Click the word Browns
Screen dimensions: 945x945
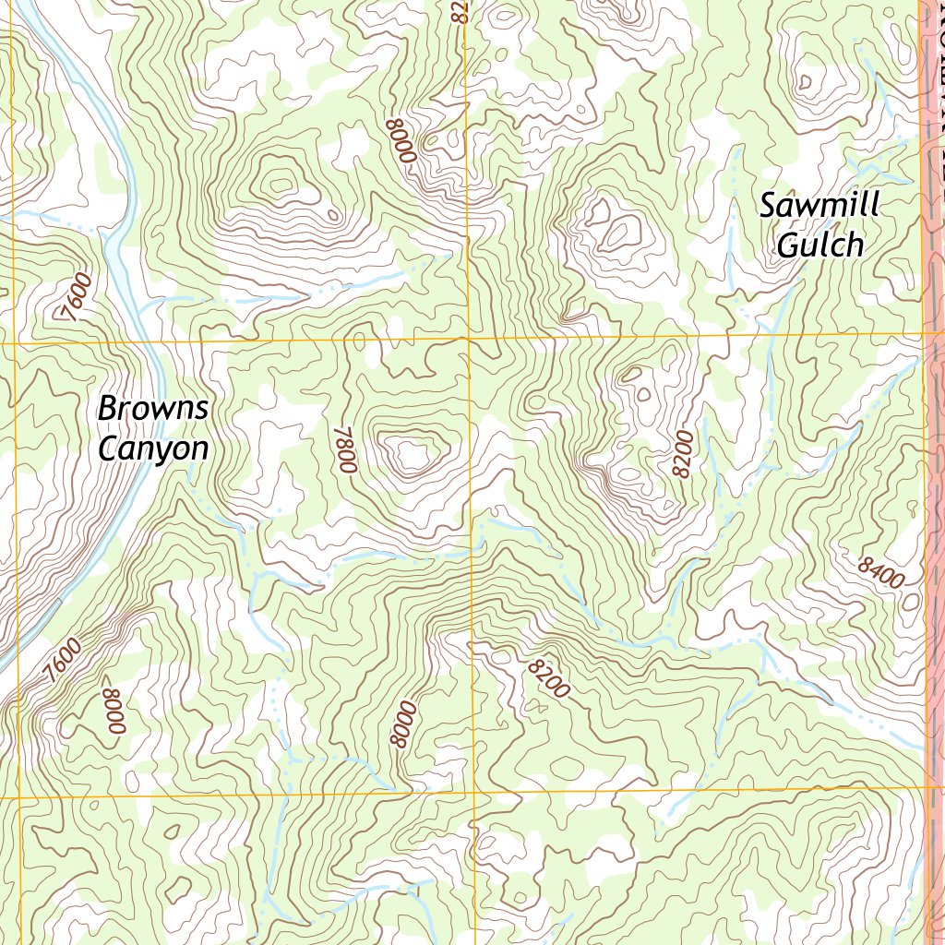pyautogui.click(x=153, y=408)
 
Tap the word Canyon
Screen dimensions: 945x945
pyautogui.click(x=153, y=449)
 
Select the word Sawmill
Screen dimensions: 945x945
pyautogui.click(x=819, y=205)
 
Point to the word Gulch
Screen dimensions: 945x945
pyautogui.click(x=819, y=245)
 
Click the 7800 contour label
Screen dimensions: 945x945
pyautogui.click(x=346, y=449)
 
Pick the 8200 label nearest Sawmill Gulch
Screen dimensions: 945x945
pyautogui.click(x=682, y=453)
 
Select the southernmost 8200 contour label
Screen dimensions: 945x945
pyautogui.click(x=548, y=677)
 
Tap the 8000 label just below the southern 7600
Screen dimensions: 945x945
pyautogui.click(x=113, y=712)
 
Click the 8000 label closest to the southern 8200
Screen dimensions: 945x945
pyautogui.click(x=403, y=724)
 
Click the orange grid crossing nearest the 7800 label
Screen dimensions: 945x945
pyautogui.click(x=469, y=339)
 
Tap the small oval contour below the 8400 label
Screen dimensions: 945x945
pyautogui.click(x=911, y=602)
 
